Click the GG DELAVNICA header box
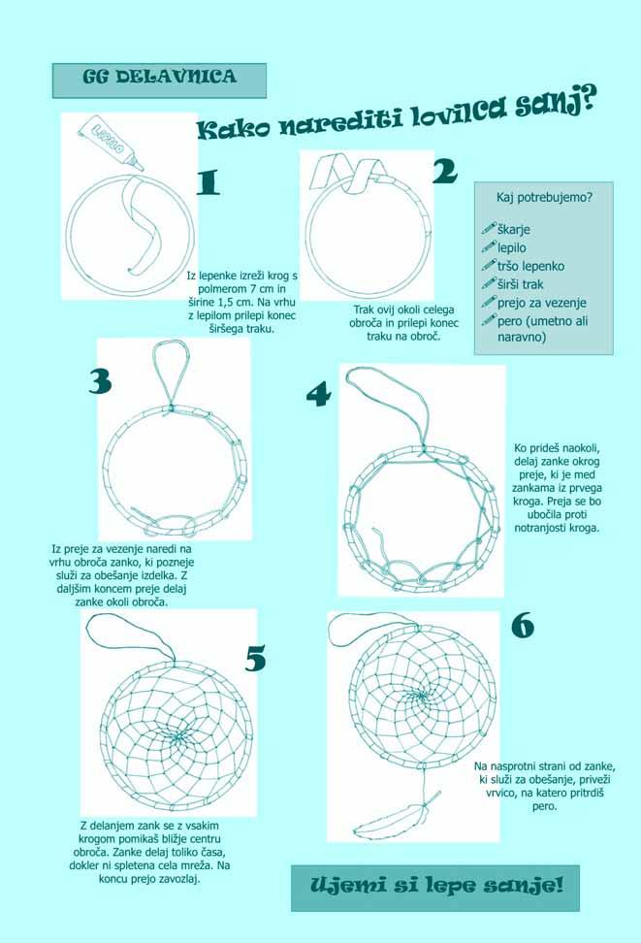(x=159, y=81)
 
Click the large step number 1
(x=208, y=181)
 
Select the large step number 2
(x=445, y=171)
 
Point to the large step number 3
(x=100, y=381)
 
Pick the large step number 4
(x=319, y=395)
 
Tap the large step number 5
(x=256, y=659)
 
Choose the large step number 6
(x=523, y=626)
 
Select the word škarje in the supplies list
(x=514, y=230)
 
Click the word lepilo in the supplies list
(x=512, y=247)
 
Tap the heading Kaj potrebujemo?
(x=544, y=197)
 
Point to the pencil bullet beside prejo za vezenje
(x=489, y=302)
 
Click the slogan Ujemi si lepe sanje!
(x=436, y=885)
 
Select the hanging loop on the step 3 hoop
(x=172, y=374)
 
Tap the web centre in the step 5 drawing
(x=176, y=735)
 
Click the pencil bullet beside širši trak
(x=489, y=283)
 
